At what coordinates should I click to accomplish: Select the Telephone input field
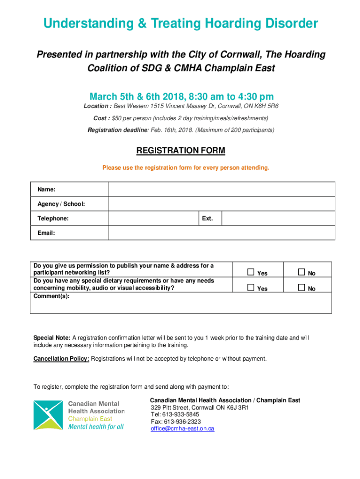pos(153,218)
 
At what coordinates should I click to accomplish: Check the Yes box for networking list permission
pos(251,272)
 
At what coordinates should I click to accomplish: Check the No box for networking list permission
pos(302,272)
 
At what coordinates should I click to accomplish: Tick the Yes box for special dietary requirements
pos(251,288)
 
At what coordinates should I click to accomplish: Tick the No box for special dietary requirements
pos(302,288)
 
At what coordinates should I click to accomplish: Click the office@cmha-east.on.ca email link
pos(182,428)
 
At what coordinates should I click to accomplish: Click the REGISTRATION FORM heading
pos(180,151)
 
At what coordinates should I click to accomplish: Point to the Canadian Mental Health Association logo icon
pos(48,415)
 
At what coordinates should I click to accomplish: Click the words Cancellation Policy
pos(61,359)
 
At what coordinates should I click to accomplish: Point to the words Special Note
pos(52,338)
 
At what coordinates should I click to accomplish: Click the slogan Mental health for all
pos(96,427)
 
